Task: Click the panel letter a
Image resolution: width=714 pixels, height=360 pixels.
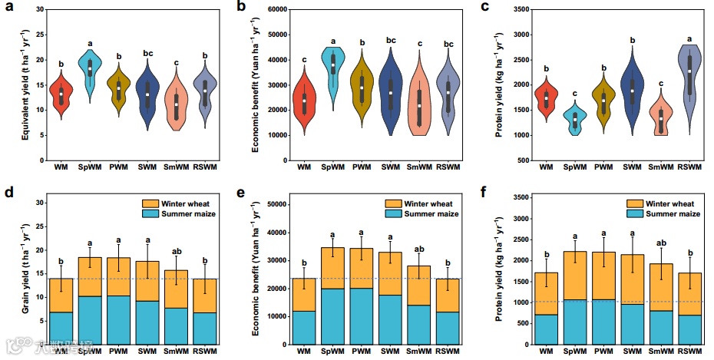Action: (x=9, y=8)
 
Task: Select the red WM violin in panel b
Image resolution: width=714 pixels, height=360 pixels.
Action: (x=303, y=100)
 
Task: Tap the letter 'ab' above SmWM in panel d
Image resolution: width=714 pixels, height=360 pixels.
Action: (x=177, y=250)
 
